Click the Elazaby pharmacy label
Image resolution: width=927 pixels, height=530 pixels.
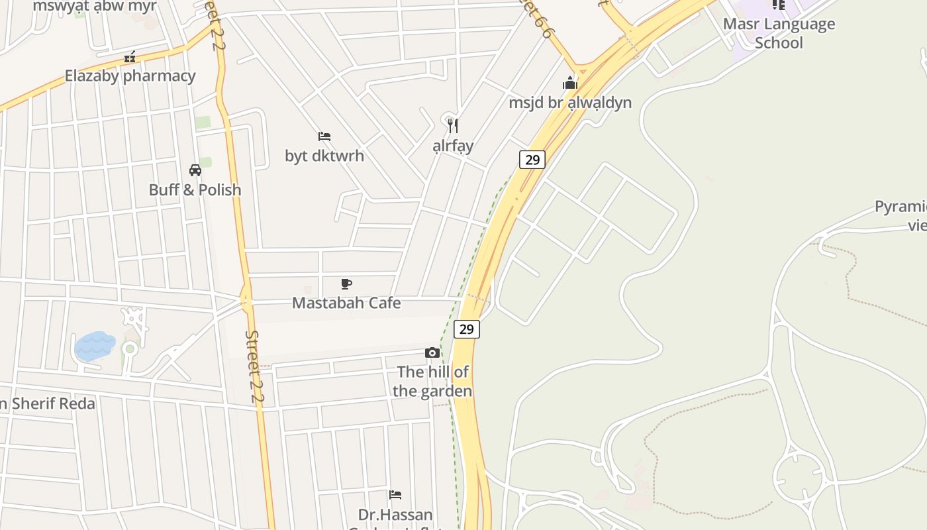click(130, 76)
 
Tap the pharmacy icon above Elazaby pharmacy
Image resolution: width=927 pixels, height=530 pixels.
click(130, 58)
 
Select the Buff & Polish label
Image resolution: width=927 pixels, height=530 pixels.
click(195, 189)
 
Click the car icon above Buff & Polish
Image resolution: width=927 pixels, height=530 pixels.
click(195, 170)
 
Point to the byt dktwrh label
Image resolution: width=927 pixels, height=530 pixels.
click(324, 156)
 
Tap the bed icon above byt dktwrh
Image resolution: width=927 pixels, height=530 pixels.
click(324, 136)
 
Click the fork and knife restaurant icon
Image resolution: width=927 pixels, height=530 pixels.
click(453, 125)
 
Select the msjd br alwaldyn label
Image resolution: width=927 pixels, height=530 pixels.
click(570, 103)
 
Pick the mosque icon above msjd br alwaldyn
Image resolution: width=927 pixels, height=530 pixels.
click(570, 83)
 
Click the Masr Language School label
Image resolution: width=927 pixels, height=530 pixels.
click(779, 33)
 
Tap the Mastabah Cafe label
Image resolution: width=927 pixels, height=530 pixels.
click(346, 303)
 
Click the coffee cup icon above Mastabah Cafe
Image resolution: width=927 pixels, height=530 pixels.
click(346, 284)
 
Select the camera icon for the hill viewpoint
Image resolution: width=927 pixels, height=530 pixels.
click(432, 352)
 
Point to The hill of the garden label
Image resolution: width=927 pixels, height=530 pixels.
click(432, 382)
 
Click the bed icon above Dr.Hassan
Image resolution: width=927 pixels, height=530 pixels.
click(395, 495)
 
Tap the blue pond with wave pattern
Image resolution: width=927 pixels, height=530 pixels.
click(95, 346)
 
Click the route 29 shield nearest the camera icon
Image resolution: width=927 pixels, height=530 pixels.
click(467, 329)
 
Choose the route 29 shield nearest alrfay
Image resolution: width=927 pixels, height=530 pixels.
click(532, 159)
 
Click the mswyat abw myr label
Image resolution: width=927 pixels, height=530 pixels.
click(95, 7)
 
